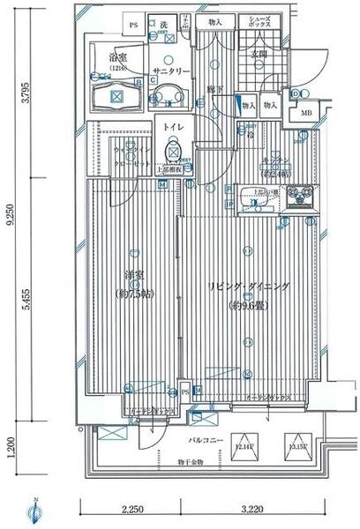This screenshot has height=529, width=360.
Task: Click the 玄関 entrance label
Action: (x=258, y=55)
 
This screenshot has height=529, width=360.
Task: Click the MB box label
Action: (x=305, y=113)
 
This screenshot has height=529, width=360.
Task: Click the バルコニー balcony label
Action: (x=203, y=438)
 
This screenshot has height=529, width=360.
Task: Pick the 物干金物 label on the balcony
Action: (x=189, y=463)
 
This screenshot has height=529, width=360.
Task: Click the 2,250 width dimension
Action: (x=131, y=509)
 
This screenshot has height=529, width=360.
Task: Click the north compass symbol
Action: (x=33, y=510)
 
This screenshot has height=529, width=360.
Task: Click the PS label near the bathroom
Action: (x=134, y=26)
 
